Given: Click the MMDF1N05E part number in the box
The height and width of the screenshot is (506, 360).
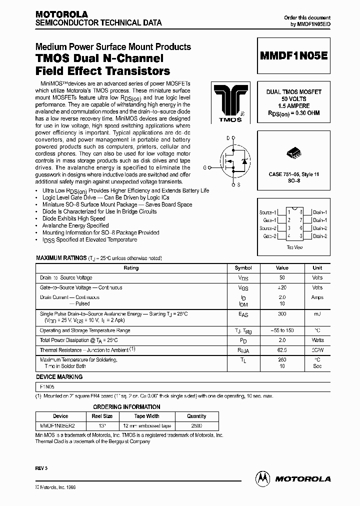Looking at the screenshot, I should pyautogui.click(x=293, y=56).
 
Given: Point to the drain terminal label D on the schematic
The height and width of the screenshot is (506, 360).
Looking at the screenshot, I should pyautogui.click(x=228, y=138).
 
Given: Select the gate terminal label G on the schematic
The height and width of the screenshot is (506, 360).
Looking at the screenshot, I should pyautogui.click(x=204, y=167).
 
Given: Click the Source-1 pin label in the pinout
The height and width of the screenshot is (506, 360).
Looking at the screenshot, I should pyautogui.click(x=267, y=212).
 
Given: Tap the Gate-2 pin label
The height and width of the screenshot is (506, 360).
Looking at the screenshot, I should pyautogui.click(x=268, y=235).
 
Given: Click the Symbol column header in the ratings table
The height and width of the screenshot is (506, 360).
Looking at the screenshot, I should pyautogui.click(x=243, y=268).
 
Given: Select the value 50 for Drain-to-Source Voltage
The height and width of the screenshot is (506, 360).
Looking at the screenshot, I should pyautogui.click(x=282, y=277).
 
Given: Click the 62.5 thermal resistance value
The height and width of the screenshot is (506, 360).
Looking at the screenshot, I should pyautogui.click(x=282, y=350).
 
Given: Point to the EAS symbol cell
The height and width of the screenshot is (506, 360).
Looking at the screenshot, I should pyautogui.click(x=243, y=314).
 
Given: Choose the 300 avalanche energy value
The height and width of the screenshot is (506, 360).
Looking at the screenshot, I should pyautogui.click(x=282, y=313).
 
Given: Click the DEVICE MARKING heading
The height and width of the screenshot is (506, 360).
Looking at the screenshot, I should pyautogui.click(x=59, y=377).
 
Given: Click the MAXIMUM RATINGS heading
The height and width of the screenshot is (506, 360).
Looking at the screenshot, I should pyautogui.click(x=61, y=258).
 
